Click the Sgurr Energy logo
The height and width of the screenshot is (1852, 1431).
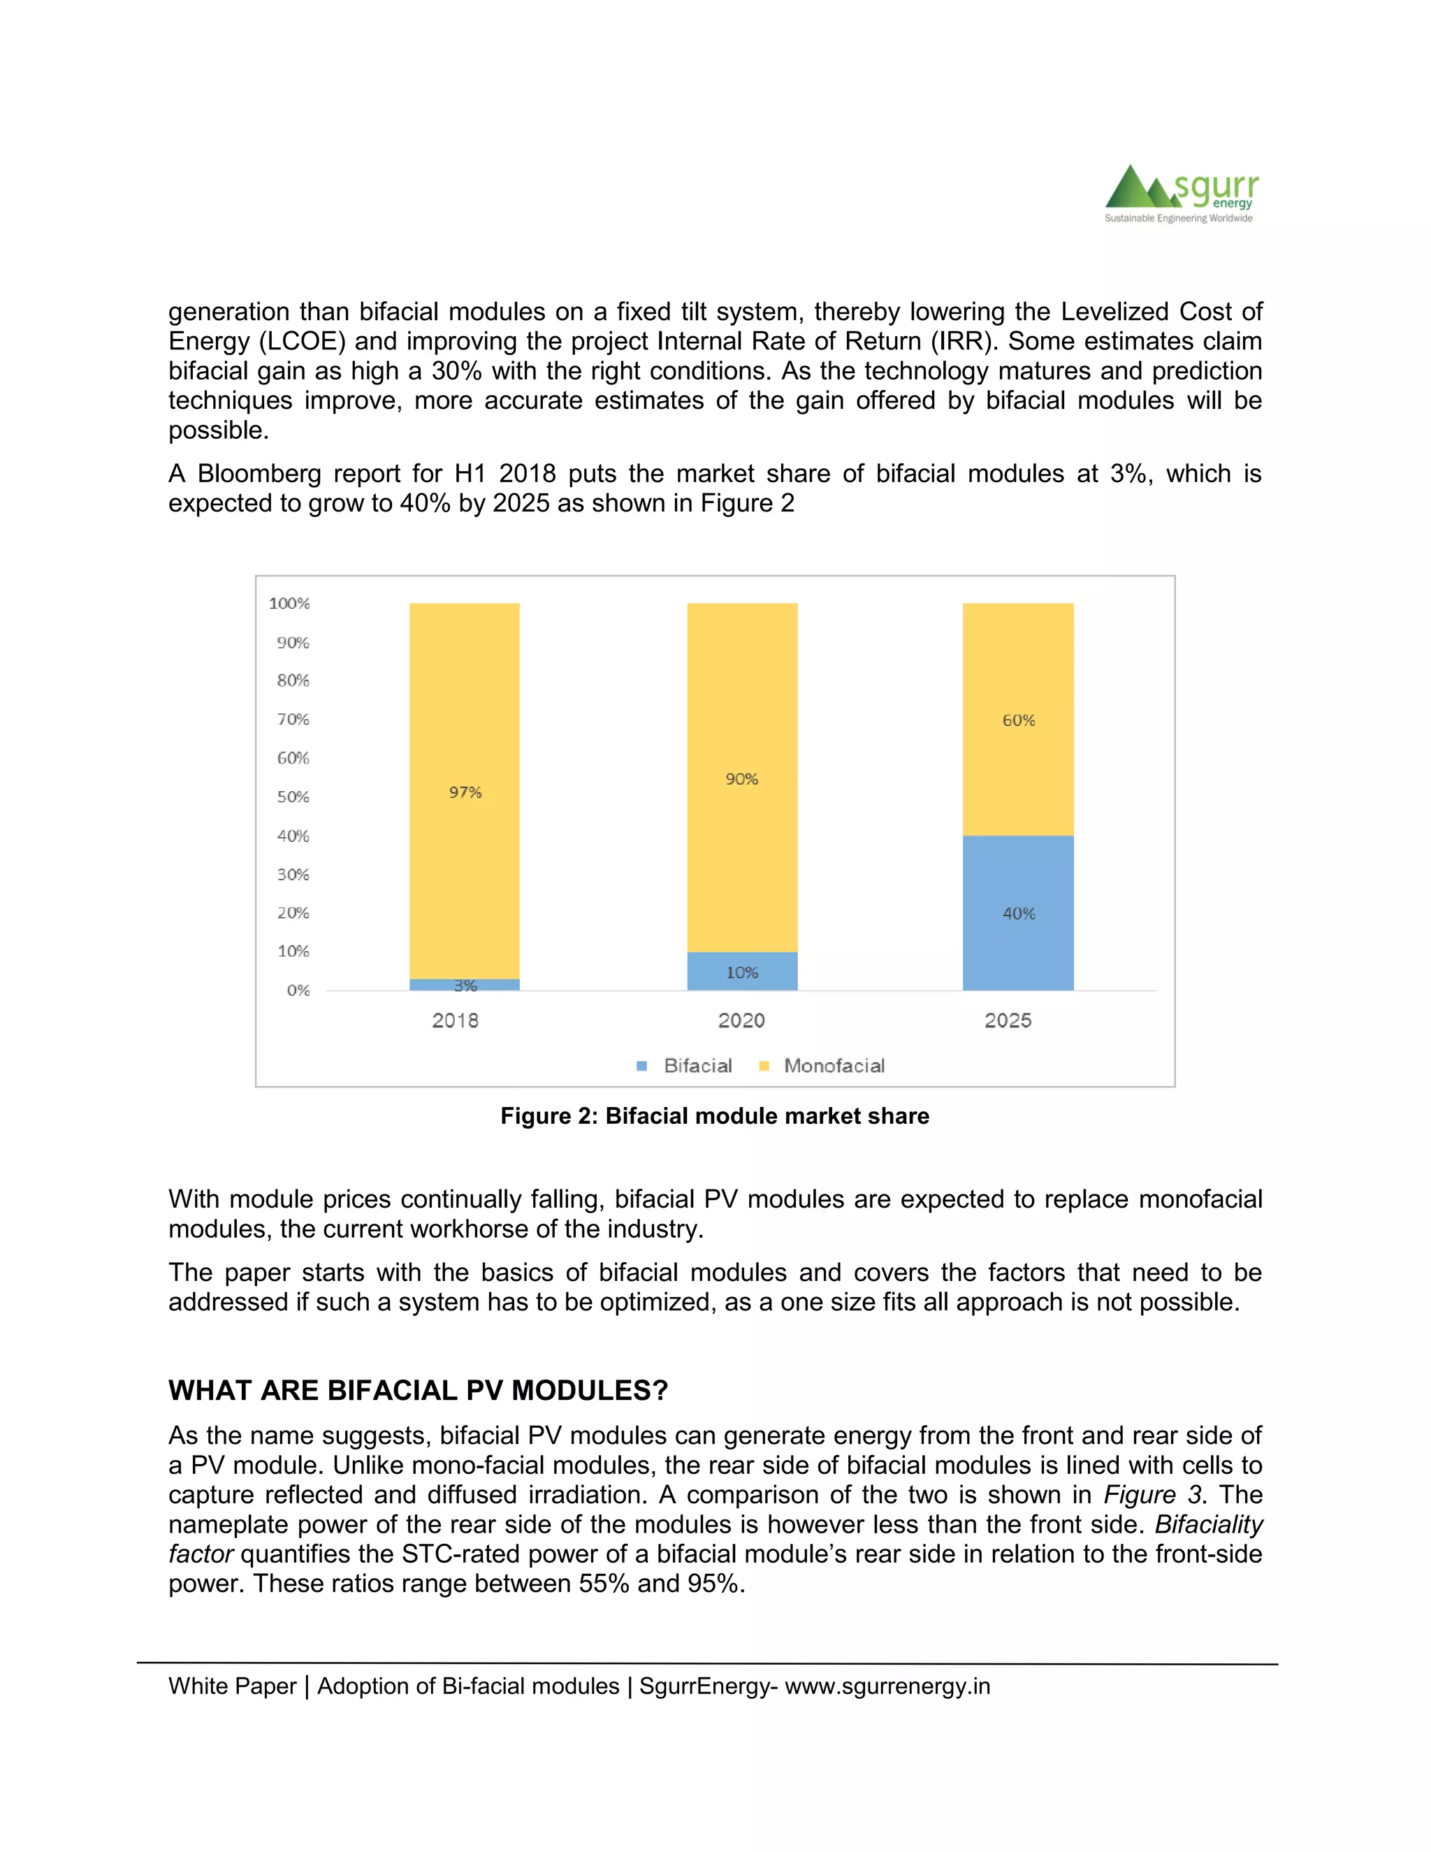tap(1180, 194)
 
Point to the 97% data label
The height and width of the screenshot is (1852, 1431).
tap(465, 792)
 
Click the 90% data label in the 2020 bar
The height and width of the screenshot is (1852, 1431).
tap(742, 779)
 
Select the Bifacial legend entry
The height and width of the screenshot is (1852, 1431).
tap(685, 1066)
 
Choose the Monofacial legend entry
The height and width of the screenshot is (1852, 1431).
tap(822, 1066)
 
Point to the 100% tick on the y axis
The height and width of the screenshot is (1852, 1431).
tap(289, 603)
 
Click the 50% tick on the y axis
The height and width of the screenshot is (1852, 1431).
tap(293, 796)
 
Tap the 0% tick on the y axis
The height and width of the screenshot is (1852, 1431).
tap(298, 990)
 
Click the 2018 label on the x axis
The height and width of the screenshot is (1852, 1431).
tap(456, 1020)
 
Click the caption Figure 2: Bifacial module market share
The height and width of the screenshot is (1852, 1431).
tap(715, 1116)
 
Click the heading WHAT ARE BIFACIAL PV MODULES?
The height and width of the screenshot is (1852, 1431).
tap(418, 1391)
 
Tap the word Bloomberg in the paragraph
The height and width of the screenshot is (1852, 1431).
tap(259, 473)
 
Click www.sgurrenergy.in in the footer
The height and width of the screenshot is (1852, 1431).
tap(887, 1686)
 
